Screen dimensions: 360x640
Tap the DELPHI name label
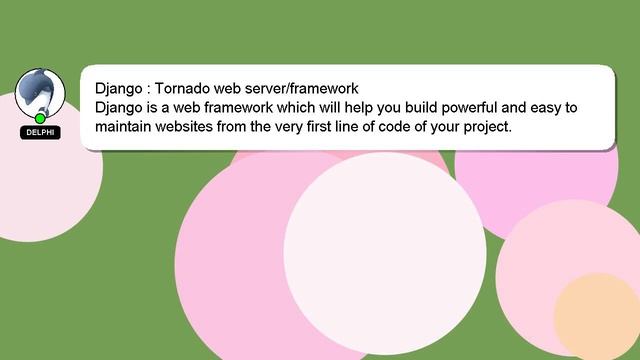click(41, 133)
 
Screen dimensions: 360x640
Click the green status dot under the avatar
click(41, 118)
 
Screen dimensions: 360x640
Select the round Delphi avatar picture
click(41, 92)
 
